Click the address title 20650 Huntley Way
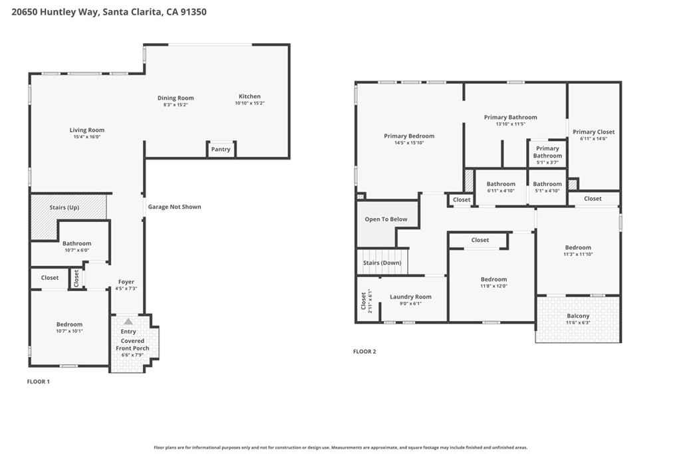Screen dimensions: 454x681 (x=110, y=11)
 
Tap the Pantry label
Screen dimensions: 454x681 (x=221, y=150)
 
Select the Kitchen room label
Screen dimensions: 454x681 (x=249, y=96)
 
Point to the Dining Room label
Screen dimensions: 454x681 (x=176, y=98)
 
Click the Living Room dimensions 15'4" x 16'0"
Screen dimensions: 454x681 (x=87, y=138)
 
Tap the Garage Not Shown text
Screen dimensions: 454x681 (x=174, y=207)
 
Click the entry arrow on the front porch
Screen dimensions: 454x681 (x=128, y=321)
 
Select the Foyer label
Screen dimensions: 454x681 (x=126, y=282)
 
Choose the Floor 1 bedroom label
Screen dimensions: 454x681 (x=69, y=324)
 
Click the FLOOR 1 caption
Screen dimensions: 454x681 (x=38, y=382)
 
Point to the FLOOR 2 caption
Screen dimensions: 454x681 (x=364, y=352)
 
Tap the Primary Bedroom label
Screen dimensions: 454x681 (x=409, y=136)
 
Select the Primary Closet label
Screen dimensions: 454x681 (x=593, y=132)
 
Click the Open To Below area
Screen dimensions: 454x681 (x=386, y=219)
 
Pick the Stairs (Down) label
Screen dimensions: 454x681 (x=382, y=263)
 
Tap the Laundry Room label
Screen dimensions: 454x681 (x=410, y=297)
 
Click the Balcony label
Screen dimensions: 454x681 (x=578, y=316)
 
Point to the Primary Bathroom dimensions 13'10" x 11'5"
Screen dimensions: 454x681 (x=510, y=124)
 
